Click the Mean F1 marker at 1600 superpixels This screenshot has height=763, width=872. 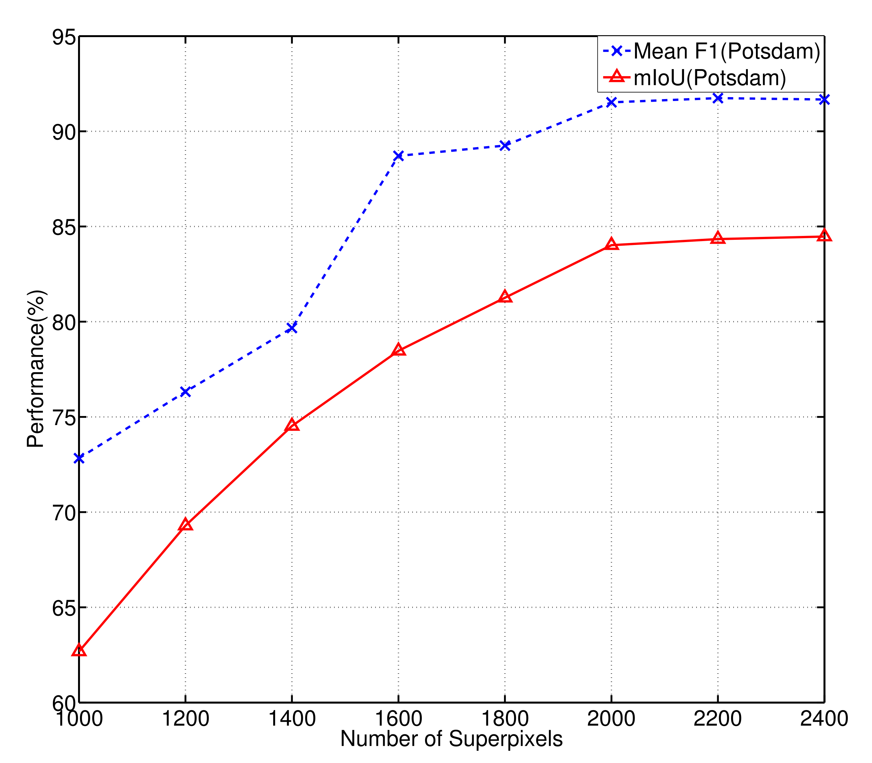(x=398, y=156)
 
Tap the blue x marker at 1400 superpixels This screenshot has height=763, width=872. (x=292, y=328)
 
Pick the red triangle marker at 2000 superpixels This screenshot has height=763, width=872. (x=611, y=244)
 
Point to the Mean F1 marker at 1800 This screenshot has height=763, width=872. (x=505, y=146)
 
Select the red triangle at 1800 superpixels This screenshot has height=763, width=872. (x=505, y=297)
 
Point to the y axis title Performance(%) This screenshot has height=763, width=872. (x=36, y=369)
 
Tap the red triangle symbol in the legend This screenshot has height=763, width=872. (x=616, y=77)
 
